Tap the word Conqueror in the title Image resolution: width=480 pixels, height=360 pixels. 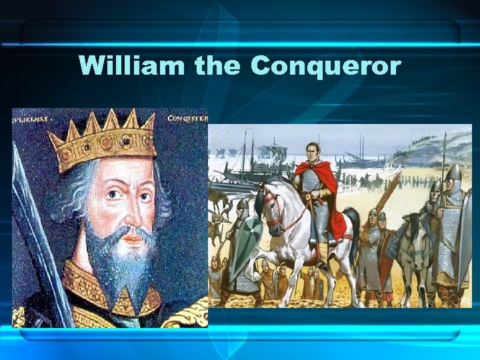(x=325, y=67)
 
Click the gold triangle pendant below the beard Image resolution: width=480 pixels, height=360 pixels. (x=123, y=303)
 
